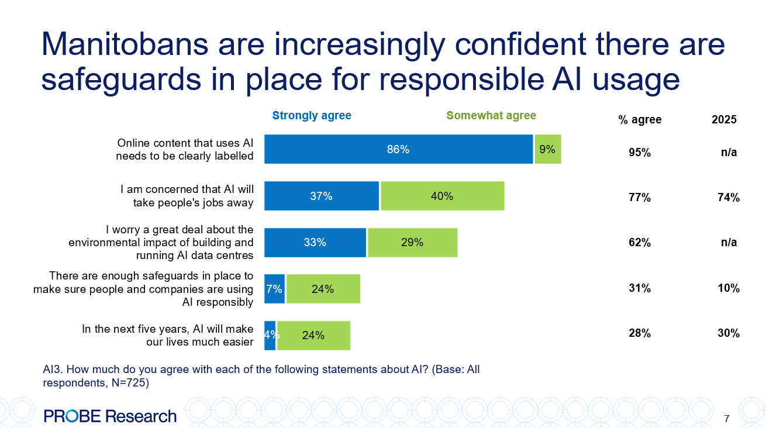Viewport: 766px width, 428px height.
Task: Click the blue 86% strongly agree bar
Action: [398, 149]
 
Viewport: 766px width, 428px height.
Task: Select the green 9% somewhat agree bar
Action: [547, 149]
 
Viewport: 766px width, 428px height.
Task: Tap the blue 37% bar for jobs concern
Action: [322, 196]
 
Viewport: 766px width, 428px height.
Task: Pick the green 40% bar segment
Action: [442, 196]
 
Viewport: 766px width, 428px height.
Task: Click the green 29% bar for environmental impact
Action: [412, 242]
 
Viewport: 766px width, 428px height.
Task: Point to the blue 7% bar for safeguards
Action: [274, 289]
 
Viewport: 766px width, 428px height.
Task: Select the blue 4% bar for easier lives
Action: [270, 336]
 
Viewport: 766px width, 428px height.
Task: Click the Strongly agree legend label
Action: [312, 116]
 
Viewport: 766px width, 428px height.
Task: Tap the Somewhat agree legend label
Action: [491, 116]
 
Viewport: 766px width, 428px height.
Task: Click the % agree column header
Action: [640, 120]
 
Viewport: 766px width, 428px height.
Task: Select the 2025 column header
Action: [724, 120]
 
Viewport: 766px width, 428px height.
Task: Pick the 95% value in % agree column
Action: [640, 153]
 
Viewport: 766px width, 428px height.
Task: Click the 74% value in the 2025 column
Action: [729, 198]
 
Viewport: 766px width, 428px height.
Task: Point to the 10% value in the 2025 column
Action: [729, 288]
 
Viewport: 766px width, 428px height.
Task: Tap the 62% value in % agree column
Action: [640, 243]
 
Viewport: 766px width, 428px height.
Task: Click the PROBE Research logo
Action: [110, 416]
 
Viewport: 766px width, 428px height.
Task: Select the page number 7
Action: [727, 418]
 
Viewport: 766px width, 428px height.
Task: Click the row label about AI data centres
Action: [161, 242]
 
